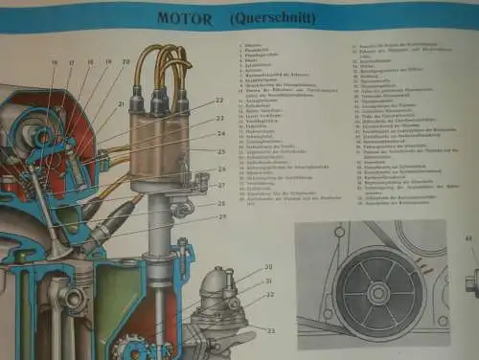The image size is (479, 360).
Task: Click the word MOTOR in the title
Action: point(189,15)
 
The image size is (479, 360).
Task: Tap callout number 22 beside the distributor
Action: point(219,100)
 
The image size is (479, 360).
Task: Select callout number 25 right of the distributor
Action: point(221,151)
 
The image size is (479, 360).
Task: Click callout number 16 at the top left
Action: point(55,62)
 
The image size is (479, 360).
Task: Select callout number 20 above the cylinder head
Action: point(125,62)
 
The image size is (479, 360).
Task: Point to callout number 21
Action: point(121,104)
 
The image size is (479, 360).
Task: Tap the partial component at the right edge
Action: point(471,283)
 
